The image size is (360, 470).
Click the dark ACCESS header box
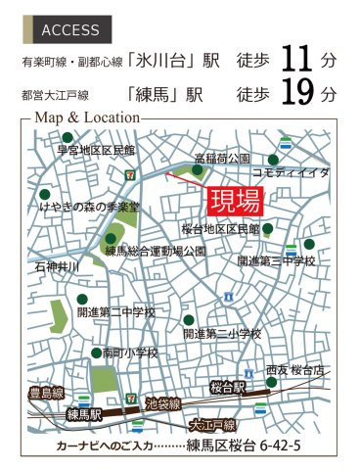click(x=70, y=29)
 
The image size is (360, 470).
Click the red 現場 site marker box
click(x=235, y=201)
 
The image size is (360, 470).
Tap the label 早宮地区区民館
click(x=96, y=150)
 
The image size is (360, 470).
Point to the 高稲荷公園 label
click(x=222, y=158)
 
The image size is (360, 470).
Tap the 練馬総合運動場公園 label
click(x=154, y=251)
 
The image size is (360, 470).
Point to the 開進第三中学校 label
click(x=277, y=261)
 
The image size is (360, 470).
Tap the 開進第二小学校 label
click(x=222, y=333)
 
